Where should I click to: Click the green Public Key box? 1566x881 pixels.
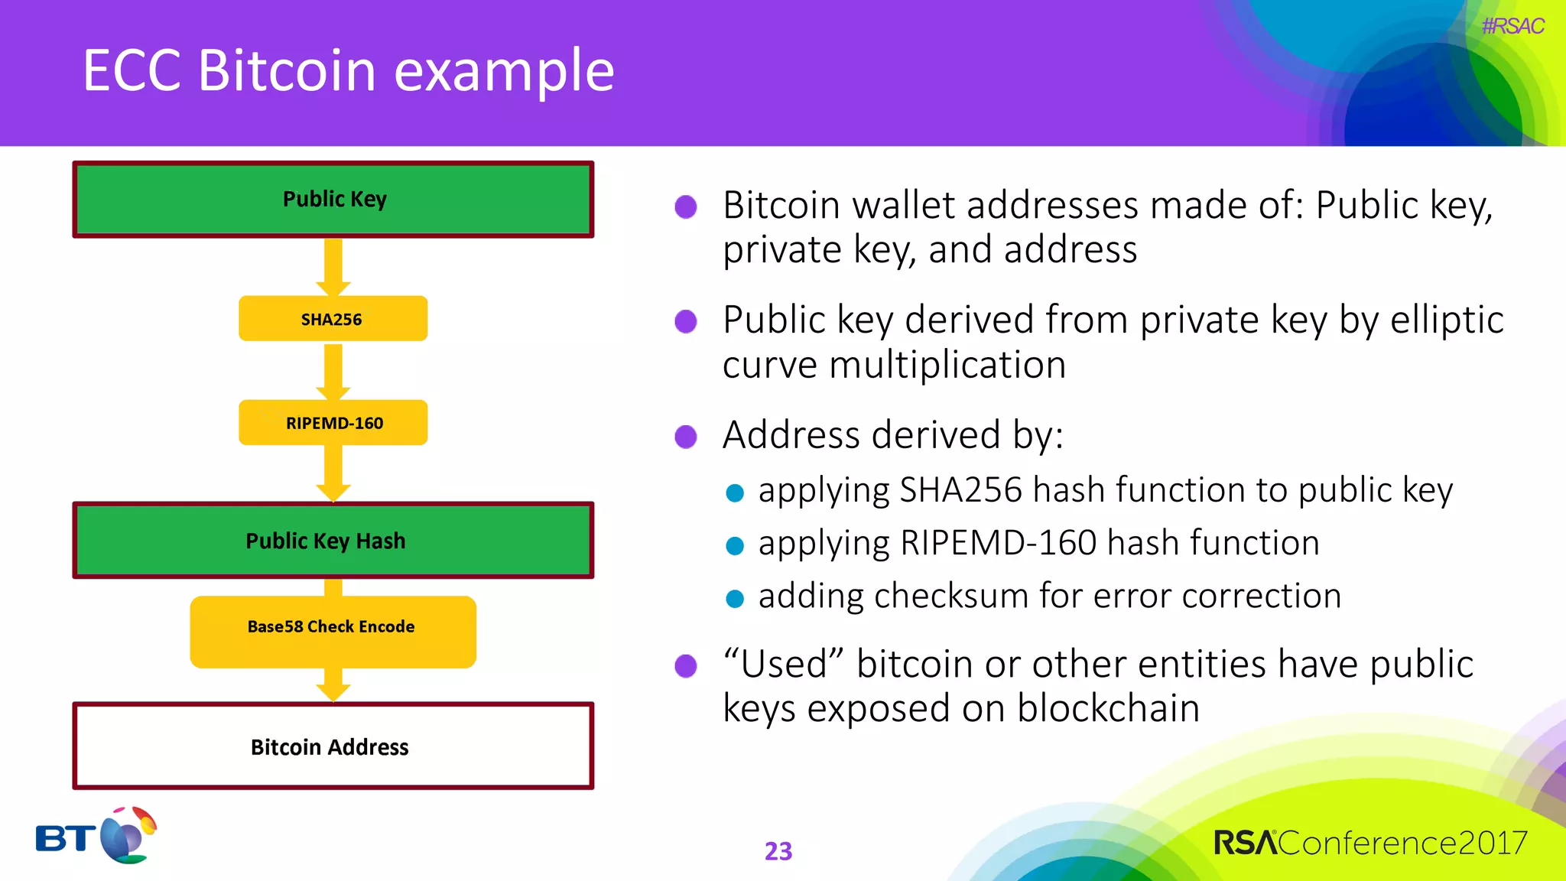pyautogui.click(x=333, y=200)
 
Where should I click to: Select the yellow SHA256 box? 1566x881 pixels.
pyautogui.click(x=333, y=319)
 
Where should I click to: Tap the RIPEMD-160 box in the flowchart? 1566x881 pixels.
pyautogui.click(x=333, y=422)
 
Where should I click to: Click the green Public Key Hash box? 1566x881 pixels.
pyautogui.click(x=333, y=540)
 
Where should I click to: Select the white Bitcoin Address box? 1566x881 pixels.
pyautogui.click(x=333, y=746)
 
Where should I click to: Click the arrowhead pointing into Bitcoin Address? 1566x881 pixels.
pyautogui.click(x=333, y=691)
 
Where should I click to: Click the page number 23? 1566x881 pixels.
pyautogui.click(x=778, y=851)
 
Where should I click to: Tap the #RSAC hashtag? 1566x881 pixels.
pyautogui.click(x=1512, y=27)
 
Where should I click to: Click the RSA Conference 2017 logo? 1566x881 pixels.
pyautogui.click(x=1370, y=843)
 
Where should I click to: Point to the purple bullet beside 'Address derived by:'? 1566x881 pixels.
pyautogui.click(x=686, y=437)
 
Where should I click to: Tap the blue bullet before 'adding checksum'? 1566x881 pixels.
pyautogui.click(x=735, y=598)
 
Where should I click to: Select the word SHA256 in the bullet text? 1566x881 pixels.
pyautogui.click(x=960, y=490)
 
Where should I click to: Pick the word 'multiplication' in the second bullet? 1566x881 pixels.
pyautogui.click(x=947, y=365)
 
